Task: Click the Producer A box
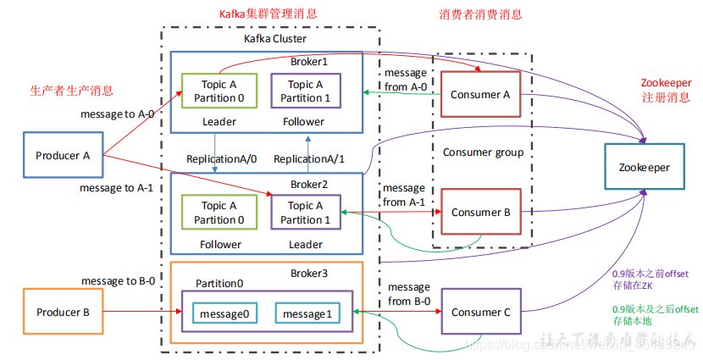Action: pos(63,155)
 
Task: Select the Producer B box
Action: pos(63,313)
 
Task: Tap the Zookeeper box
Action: pos(644,167)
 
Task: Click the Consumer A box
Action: pos(480,95)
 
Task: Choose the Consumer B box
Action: pos(480,213)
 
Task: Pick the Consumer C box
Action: pos(480,313)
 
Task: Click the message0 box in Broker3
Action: pos(224,313)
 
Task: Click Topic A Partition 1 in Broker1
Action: pos(305,91)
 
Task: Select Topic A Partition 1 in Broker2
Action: pos(305,213)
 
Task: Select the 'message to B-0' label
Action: pos(118,280)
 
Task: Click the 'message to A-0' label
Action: pos(118,114)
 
